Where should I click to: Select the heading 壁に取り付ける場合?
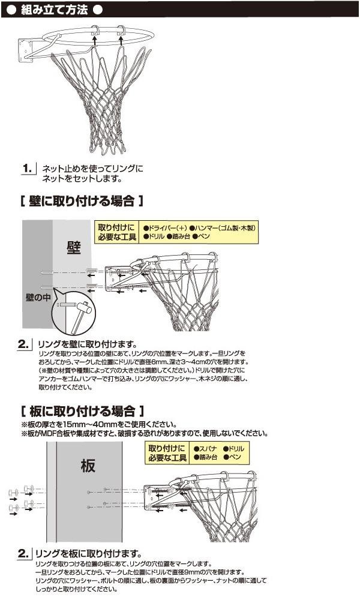(x=82, y=200)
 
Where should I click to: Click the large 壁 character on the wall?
(x=74, y=247)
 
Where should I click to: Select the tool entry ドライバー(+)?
(x=164, y=228)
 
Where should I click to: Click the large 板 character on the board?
(x=88, y=465)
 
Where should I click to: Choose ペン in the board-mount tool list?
(x=234, y=458)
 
